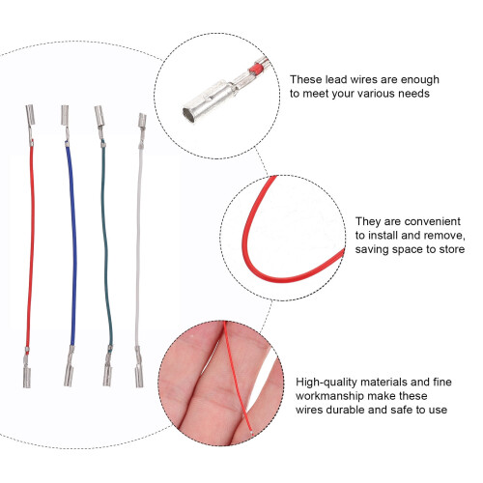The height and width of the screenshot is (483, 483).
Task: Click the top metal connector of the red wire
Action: click(30, 124)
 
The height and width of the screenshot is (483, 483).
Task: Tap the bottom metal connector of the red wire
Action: click(27, 369)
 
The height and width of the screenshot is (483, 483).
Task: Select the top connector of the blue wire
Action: click(65, 123)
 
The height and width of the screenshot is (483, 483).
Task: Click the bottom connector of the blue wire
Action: click(69, 367)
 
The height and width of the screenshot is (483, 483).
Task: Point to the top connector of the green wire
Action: click(99, 125)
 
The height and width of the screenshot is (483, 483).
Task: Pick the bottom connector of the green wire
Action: click(107, 367)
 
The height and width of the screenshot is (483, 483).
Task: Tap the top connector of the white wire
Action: click(142, 128)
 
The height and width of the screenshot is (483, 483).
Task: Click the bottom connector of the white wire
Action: click(139, 368)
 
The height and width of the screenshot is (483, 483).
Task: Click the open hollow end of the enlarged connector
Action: click(188, 116)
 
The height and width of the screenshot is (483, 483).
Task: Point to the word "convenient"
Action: click(433, 221)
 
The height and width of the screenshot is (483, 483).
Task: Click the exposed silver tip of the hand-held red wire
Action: click(250, 433)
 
